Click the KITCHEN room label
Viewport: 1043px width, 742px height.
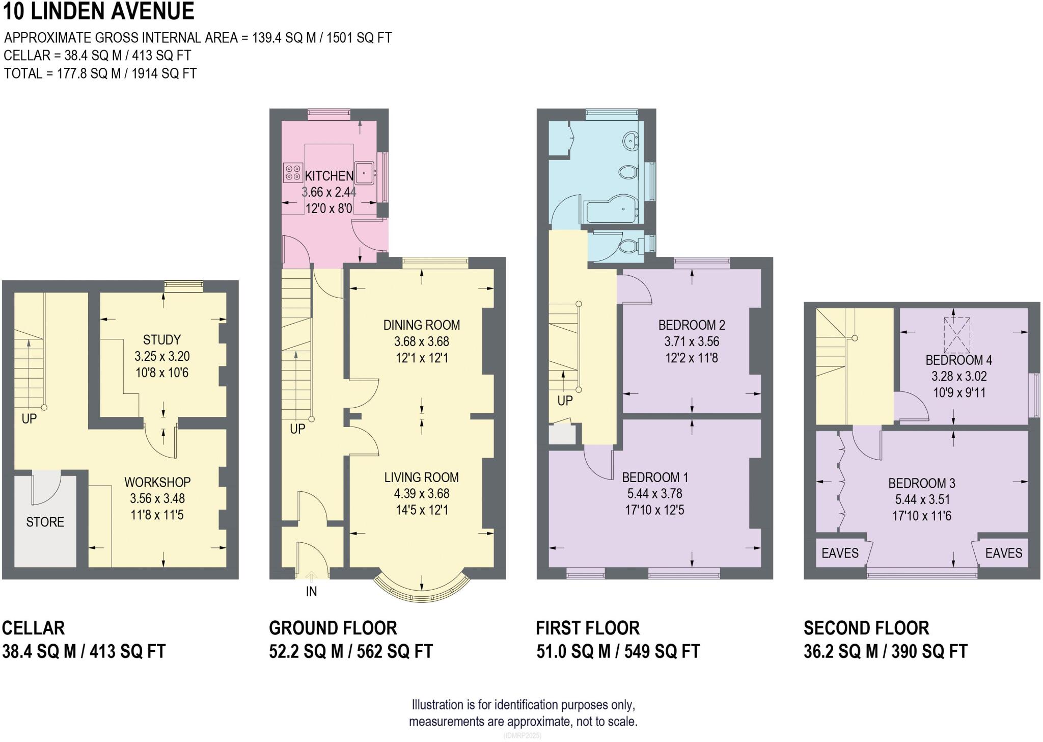tap(328, 176)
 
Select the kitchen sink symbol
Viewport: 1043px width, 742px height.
tap(365, 172)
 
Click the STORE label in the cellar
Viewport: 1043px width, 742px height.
tap(45, 522)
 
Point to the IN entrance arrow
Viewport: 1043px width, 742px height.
tap(311, 577)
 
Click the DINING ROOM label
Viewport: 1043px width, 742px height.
tap(421, 325)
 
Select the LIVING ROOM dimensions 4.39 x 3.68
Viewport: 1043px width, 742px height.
tap(421, 494)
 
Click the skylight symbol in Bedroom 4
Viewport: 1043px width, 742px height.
tap(956, 335)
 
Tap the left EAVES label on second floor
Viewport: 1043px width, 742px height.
tap(840, 553)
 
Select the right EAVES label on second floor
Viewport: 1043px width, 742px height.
tap(1003, 553)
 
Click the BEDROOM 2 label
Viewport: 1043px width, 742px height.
tap(691, 325)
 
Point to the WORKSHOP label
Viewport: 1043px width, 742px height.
tap(157, 482)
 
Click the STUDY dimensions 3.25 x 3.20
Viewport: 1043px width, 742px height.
tap(161, 356)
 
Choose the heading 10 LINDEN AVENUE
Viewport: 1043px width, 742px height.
tap(98, 11)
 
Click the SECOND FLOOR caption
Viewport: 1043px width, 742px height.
tap(866, 628)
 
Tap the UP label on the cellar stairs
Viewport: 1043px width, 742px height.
tap(29, 419)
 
